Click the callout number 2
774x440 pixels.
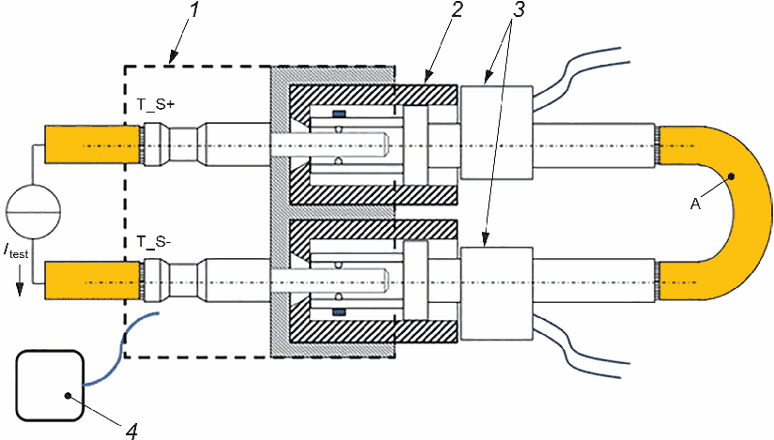point(457,11)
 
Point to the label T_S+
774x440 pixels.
point(156,104)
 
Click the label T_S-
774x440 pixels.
point(154,242)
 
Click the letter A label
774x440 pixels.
point(695,204)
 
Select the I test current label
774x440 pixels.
point(16,252)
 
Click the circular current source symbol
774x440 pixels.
point(33,212)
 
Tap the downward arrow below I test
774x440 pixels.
point(19,281)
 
